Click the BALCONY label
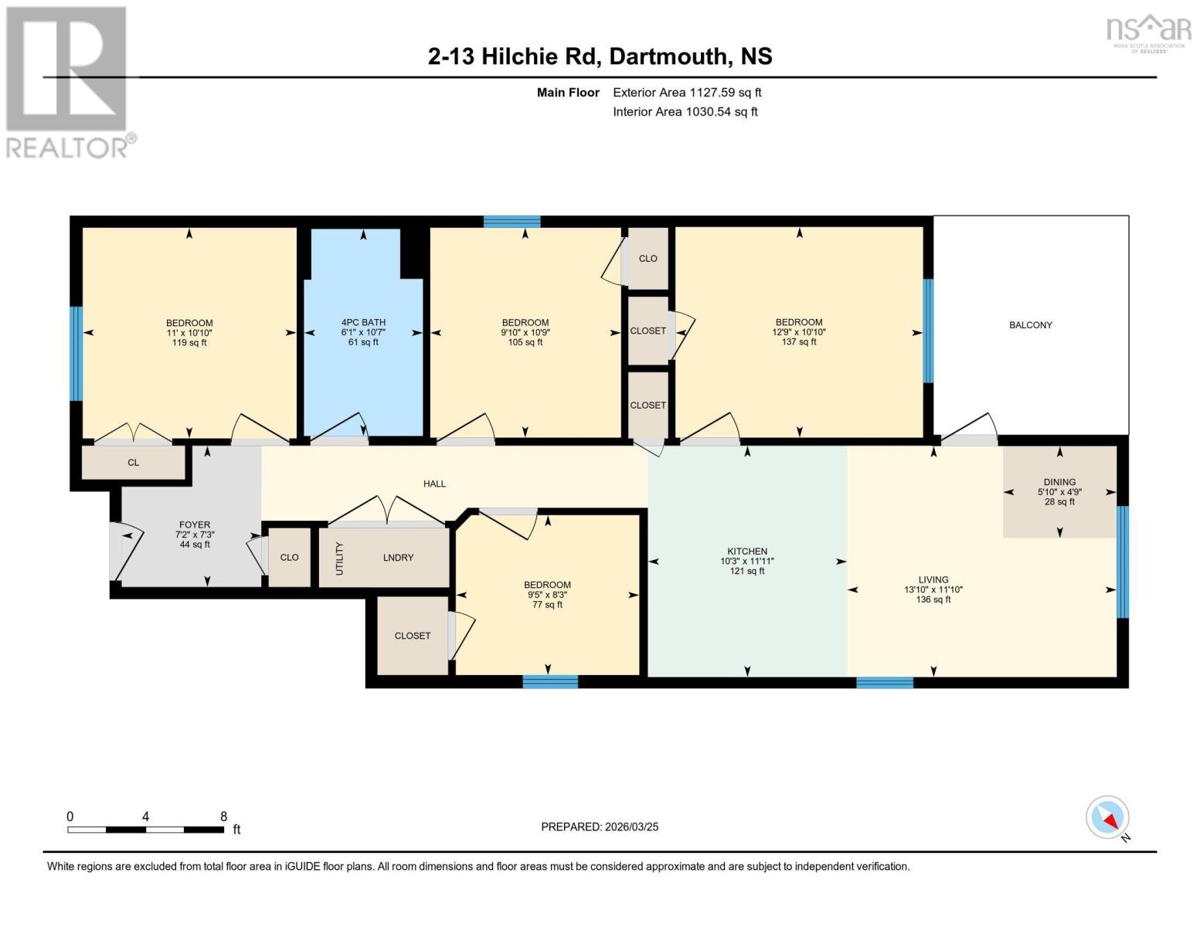(x=1031, y=325)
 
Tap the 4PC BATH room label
(x=363, y=322)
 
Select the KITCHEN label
(x=747, y=552)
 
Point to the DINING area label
(x=1059, y=482)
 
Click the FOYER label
(x=195, y=525)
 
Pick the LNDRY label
(x=398, y=558)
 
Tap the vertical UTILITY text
(x=340, y=559)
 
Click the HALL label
(x=434, y=484)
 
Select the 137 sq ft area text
(x=799, y=342)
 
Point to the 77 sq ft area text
(x=547, y=605)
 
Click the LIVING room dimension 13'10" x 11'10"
(x=933, y=589)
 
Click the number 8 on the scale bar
(x=223, y=817)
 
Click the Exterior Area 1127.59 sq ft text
(x=687, y=93)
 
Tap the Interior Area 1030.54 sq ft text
(x=685, y=112)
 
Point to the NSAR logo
(x=1149, y=33)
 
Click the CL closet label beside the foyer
(x=133, y=463)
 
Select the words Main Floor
(x=568, y=93)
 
